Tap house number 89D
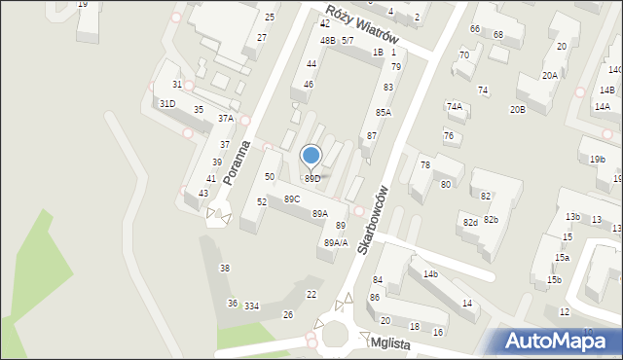(311, 179)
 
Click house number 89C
(292, 198)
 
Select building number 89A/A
(336, 242)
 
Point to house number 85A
(384, 112)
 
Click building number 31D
(167, 103)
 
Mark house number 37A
(226, 118)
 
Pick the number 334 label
(251, 306)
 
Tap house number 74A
(454, 106)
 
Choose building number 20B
(518, 110)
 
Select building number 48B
(327, 40)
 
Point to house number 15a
(563, 258)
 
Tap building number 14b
(430, 274)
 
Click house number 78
(425, 165)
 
